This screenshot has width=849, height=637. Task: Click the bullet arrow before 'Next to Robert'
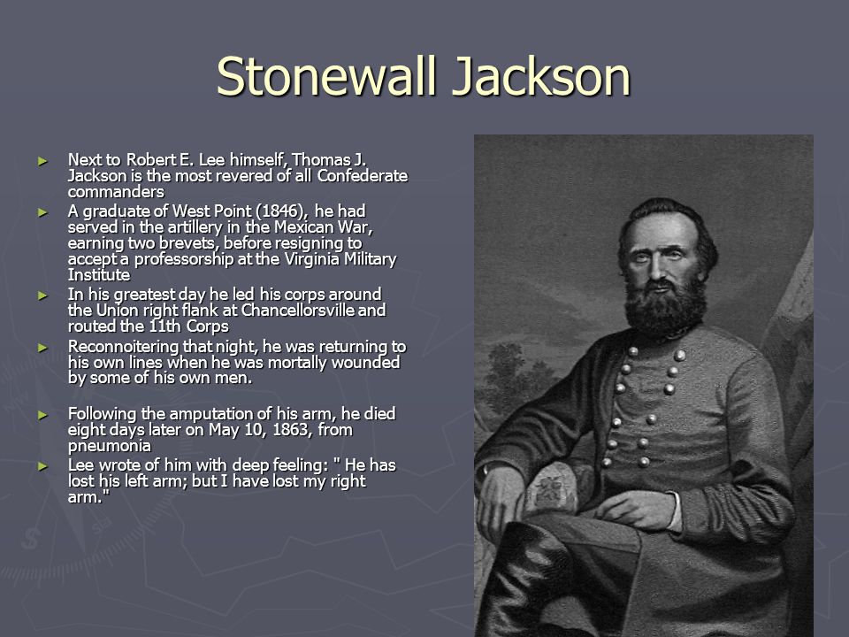tap(42, 161)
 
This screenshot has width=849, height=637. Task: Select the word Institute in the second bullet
tap(98, 275)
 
